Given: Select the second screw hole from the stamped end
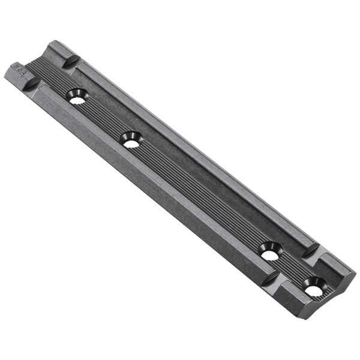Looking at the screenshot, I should [130, 140].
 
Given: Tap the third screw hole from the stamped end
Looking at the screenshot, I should [270, 251].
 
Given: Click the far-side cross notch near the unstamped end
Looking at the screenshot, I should [312, 250].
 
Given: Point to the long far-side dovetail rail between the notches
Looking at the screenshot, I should [198, 150].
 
